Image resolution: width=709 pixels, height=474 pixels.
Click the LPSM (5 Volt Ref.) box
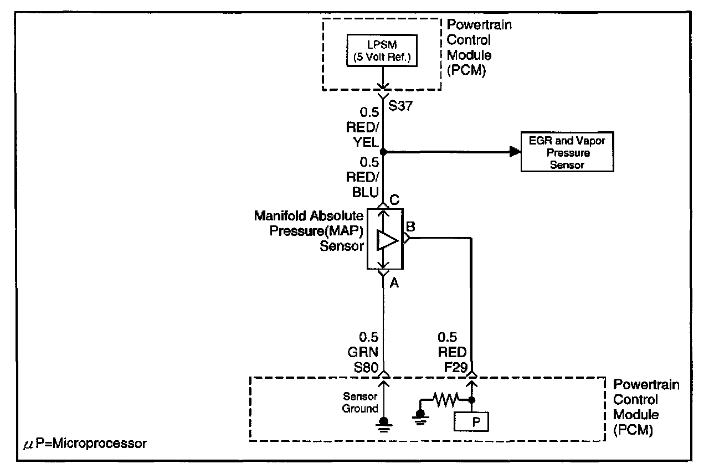[x=382, y=50]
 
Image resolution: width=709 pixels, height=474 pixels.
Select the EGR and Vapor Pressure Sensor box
[x=567, y=152]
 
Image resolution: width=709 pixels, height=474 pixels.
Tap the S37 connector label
[x=400, y=106]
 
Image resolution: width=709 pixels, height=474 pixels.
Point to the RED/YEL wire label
[x=363, y=135]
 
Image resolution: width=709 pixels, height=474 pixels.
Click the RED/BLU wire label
[x=363, y=184]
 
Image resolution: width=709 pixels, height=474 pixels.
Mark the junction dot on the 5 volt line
[x=383, y=152]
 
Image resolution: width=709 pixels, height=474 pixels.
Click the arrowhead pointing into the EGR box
[x=515, y=152]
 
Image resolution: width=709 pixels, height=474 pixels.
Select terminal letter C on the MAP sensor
[x=394, y=200]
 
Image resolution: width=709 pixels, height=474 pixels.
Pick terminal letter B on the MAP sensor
[x=410, y=226]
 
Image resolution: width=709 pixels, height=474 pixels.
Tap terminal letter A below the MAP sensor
[x=394, y=283]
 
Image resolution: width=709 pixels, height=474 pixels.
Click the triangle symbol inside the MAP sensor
[x=387, y=240]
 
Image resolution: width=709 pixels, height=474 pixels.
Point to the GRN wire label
[x=363, y=352]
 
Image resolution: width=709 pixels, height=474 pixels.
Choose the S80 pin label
[x=366, y=367]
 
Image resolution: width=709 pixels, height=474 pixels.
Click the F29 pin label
[x=456, y=367]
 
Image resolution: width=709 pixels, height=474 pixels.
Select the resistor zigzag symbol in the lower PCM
[x=446, y=399]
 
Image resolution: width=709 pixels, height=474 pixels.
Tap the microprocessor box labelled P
[x=471, y=422]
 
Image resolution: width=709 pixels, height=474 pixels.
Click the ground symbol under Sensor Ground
[x=384, y=425]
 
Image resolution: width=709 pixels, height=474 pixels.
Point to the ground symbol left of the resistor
[x=420, y=418]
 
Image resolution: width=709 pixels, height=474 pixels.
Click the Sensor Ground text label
[x=360, y=402]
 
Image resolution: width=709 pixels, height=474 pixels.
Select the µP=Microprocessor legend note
[x=85, y=444]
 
